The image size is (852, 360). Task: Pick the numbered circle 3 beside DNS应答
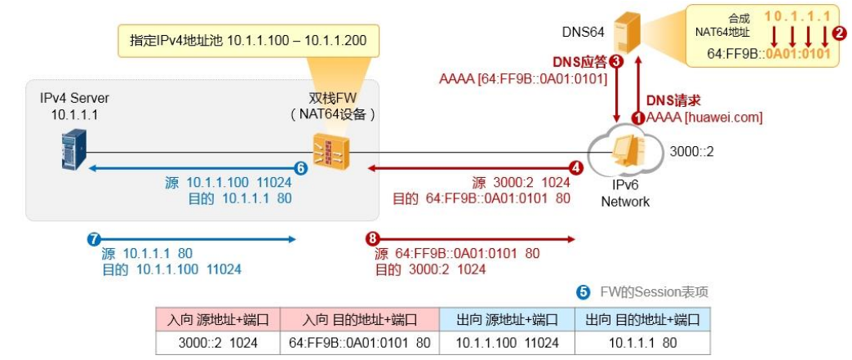[x=616, y=61]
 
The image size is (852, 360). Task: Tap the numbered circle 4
[x=575, y=168]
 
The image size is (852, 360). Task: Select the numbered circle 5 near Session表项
[x=583, y=291]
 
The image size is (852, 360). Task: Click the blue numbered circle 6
[x=300, y=168]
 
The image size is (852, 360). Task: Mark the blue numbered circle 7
[x=94, y=239]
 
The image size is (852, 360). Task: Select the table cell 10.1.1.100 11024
[x=506, y=343]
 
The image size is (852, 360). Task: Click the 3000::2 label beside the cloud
[x=690, y=151]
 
